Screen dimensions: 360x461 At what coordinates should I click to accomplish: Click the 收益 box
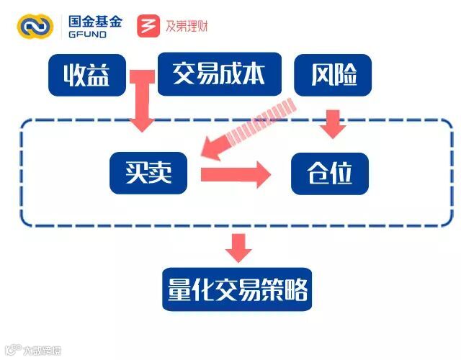click(x=86, y=75)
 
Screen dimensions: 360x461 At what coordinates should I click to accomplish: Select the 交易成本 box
click(x=219, y=73)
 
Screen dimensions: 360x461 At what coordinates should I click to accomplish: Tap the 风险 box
click(x=335, y=75)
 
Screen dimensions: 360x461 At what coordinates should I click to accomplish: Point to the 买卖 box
click(x=148, y=173)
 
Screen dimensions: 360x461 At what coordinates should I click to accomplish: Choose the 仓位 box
click(x=329, y=174)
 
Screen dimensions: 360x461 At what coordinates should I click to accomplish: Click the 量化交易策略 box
click(x=237, y=290)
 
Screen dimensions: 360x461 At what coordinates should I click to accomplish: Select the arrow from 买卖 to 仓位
click(x=235, y=174)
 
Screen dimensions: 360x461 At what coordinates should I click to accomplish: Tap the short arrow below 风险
click(x=333, y=122)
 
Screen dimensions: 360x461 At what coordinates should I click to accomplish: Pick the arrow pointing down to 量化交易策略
click(x=238, y=247)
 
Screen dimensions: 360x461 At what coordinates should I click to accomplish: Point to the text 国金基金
click(x=94, y=20)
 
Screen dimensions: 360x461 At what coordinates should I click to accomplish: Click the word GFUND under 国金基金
click(x=88, y=35)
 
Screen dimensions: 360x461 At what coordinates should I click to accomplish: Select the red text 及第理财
click(x=186, y=26)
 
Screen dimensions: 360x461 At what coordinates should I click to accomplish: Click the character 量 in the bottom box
click(x=179, y=290)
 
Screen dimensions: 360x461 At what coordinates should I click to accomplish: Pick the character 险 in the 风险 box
click(x=347, y=75)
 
